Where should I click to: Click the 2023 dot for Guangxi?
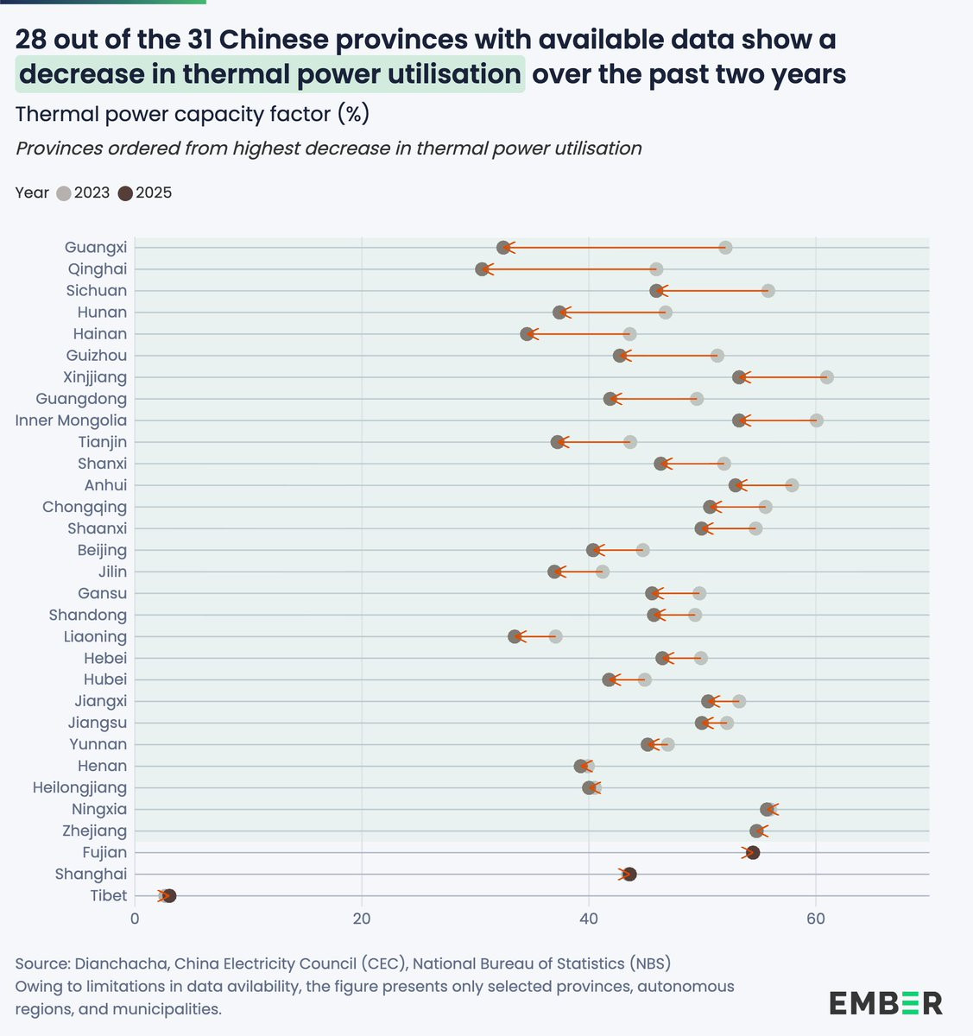click(x=725, y=248)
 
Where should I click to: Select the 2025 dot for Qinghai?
click(x=482, y=269)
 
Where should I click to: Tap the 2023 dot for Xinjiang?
click(x=826, y=377)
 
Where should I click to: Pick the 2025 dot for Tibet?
click(x=169, y=895)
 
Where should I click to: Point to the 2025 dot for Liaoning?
click(x=515, y=636)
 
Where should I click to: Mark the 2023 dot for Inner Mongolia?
click(x=816, y=420)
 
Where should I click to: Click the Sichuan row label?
click(x=96, y=291)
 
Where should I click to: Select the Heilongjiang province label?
click(x=79, y=787)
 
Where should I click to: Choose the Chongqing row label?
click(x=85, y=507)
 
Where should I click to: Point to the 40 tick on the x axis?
click(x=589, y=918)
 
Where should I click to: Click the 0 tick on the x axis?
click(x=135, y=918)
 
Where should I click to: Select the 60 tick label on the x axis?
click(x=816, y=918)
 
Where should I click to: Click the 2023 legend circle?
click(x=64, y=193)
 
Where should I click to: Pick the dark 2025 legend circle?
click(x=126, y=193)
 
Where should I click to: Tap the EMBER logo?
click(x=886, y=1002)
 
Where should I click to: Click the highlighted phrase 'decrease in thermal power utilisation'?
click(x=269, y=74)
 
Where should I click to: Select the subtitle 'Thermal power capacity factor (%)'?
click(x=193, y=114)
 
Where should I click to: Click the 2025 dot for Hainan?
click(x=527, y=334)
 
